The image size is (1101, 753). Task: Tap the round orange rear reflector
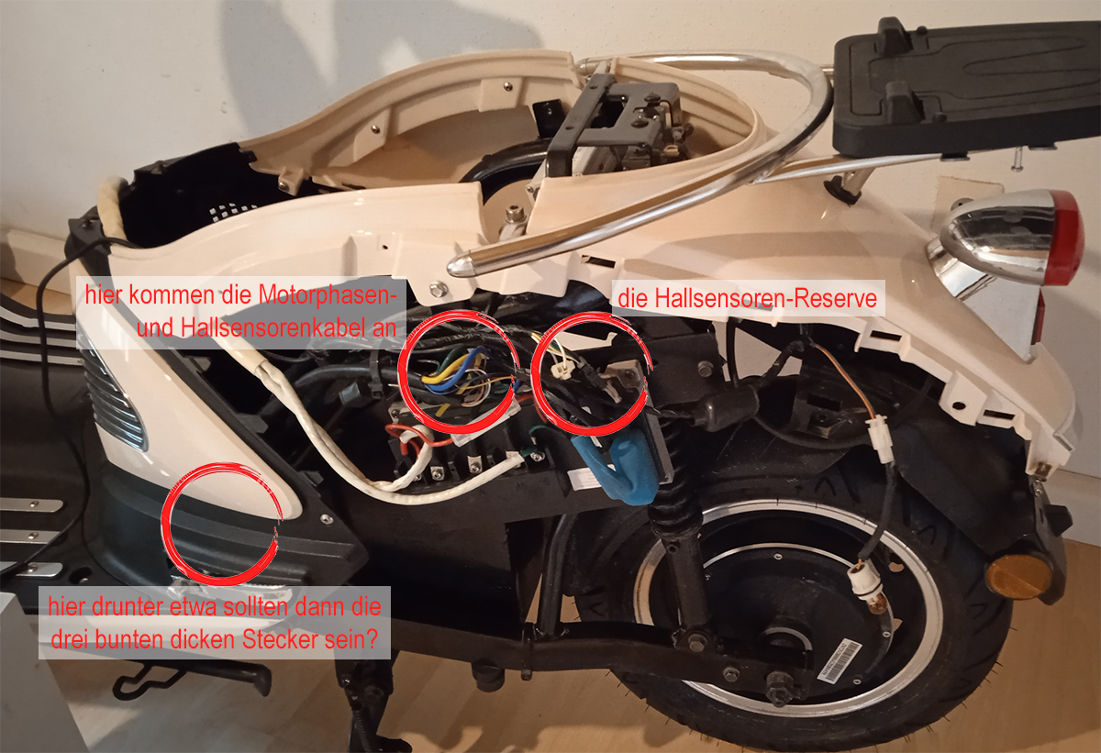click(x=1018, y=577)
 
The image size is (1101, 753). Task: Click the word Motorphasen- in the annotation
click(x=328, y=294)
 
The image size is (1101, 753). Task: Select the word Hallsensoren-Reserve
click(x=747, y=299)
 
